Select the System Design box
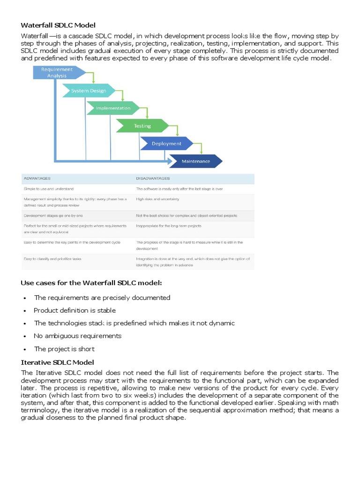pyautogui.click(x=89, y=90)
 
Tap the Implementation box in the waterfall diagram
pyautogui.click(x=113, y=108)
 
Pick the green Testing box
pyautogui.click(x=142, y=126)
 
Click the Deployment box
pyautogui.click(x=166, y=143)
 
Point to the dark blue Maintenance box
pyautogui.click(x=195, y=162)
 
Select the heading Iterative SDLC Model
pyautogui.click(x=58, y=362)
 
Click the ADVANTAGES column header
pyautogui.click(x=37, y=179)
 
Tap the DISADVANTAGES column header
pyautogui.click(x=153, y=179)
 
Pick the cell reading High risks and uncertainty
pyautogui.click(x=157, y=199)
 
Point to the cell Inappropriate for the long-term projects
pyautogui.click(x=169, y=226)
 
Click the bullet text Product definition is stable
pyautogui.click(x=75, y=310)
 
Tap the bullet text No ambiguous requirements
pyautogui.click(x=77, y=336)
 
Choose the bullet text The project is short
pyautogui.click(x=64, y=349)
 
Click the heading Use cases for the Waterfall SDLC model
pyautogui.click(x=91, y=283)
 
